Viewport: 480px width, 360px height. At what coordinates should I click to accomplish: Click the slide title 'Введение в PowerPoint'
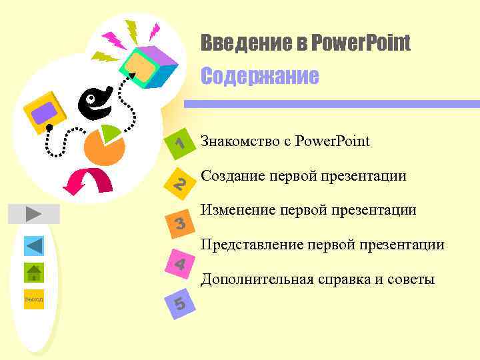tap(306, 44)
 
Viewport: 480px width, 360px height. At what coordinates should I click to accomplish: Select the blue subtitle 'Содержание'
tap(260, 76)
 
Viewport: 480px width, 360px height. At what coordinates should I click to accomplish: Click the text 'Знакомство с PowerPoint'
tap(285, 141)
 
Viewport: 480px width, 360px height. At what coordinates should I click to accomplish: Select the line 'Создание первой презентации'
tap(303, 176)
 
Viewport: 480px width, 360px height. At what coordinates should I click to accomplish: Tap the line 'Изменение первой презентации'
tap(308, 211)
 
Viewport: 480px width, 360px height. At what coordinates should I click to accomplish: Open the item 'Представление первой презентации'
tap(323, 245)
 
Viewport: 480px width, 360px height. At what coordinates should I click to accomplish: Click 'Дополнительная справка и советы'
tap(317, 279)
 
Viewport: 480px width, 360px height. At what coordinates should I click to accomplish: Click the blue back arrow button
tap(34, 246)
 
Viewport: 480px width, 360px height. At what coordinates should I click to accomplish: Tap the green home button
tap(34, 273)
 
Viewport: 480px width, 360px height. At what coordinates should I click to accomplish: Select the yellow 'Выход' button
tap(34, 299)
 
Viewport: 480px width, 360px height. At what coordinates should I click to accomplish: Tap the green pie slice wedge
tap(112, 131)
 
